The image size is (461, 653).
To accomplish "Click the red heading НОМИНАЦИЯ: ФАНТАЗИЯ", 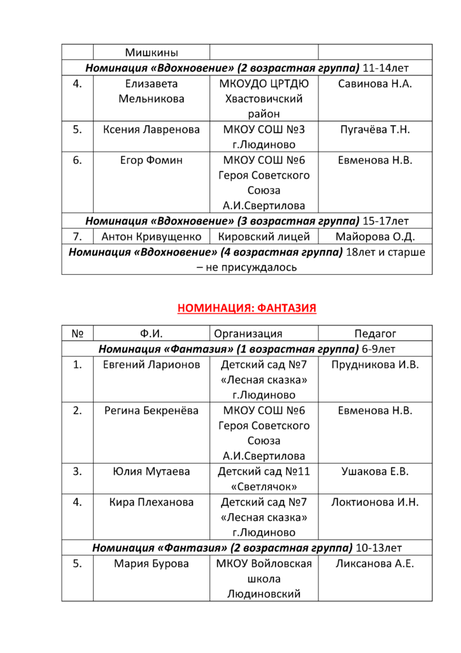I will click(246, 309).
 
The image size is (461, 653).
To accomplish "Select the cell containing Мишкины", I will click(151, 52).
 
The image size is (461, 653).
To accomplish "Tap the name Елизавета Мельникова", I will click(151, 91).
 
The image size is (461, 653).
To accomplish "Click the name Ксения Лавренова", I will click(151, 129).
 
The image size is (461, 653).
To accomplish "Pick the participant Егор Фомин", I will click(151, 160).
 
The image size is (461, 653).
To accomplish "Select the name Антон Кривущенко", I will click(151, 237).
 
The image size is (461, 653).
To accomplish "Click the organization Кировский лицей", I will click(264, 237).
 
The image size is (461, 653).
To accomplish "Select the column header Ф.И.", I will click(151, 334).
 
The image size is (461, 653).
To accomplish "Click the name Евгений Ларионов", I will click(151, 365).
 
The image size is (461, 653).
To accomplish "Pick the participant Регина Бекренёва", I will click(151, 410).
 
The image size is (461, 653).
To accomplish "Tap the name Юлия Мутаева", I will click(151, 472).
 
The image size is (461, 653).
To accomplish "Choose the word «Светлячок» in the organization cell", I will click(264, 487).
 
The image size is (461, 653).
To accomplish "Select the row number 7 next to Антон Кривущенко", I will click(77, 237).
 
